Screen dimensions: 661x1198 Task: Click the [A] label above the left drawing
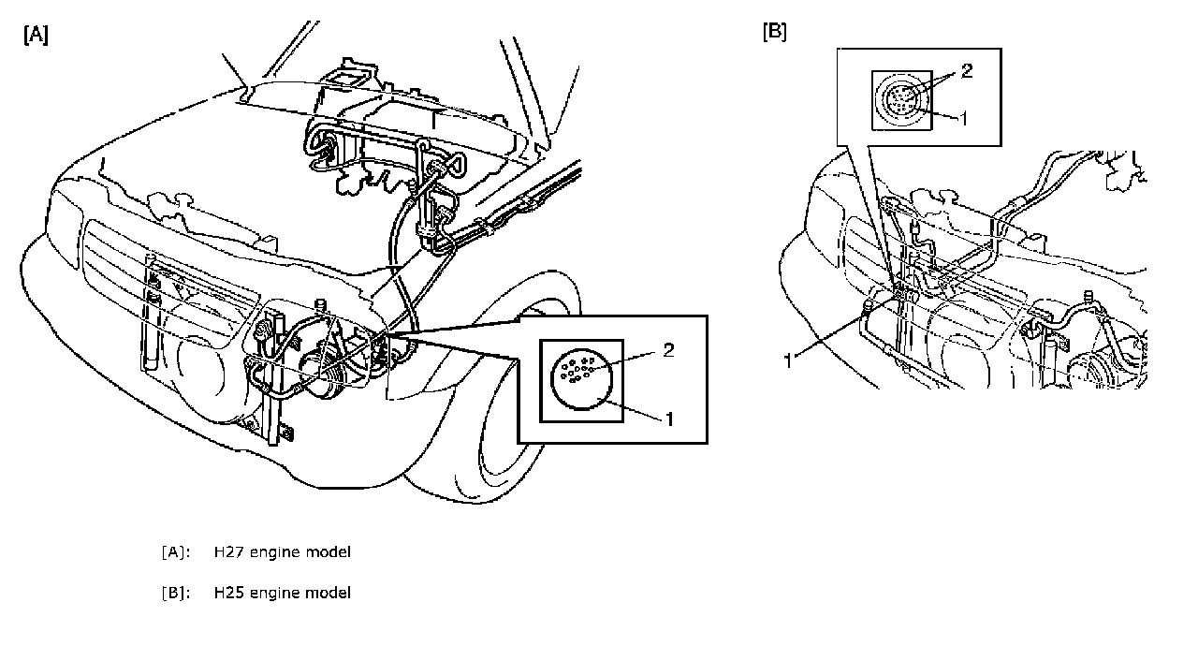click(x=36, y=36)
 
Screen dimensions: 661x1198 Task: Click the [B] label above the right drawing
click(x=775, y=32)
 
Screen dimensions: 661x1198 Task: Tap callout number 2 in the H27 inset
click(x=668, y=350)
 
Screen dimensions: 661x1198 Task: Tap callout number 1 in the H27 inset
click(x=669, y=419)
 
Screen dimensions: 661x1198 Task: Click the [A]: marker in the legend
click(x=176, y=552)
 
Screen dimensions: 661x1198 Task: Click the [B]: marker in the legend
click(x=176, y=593)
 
